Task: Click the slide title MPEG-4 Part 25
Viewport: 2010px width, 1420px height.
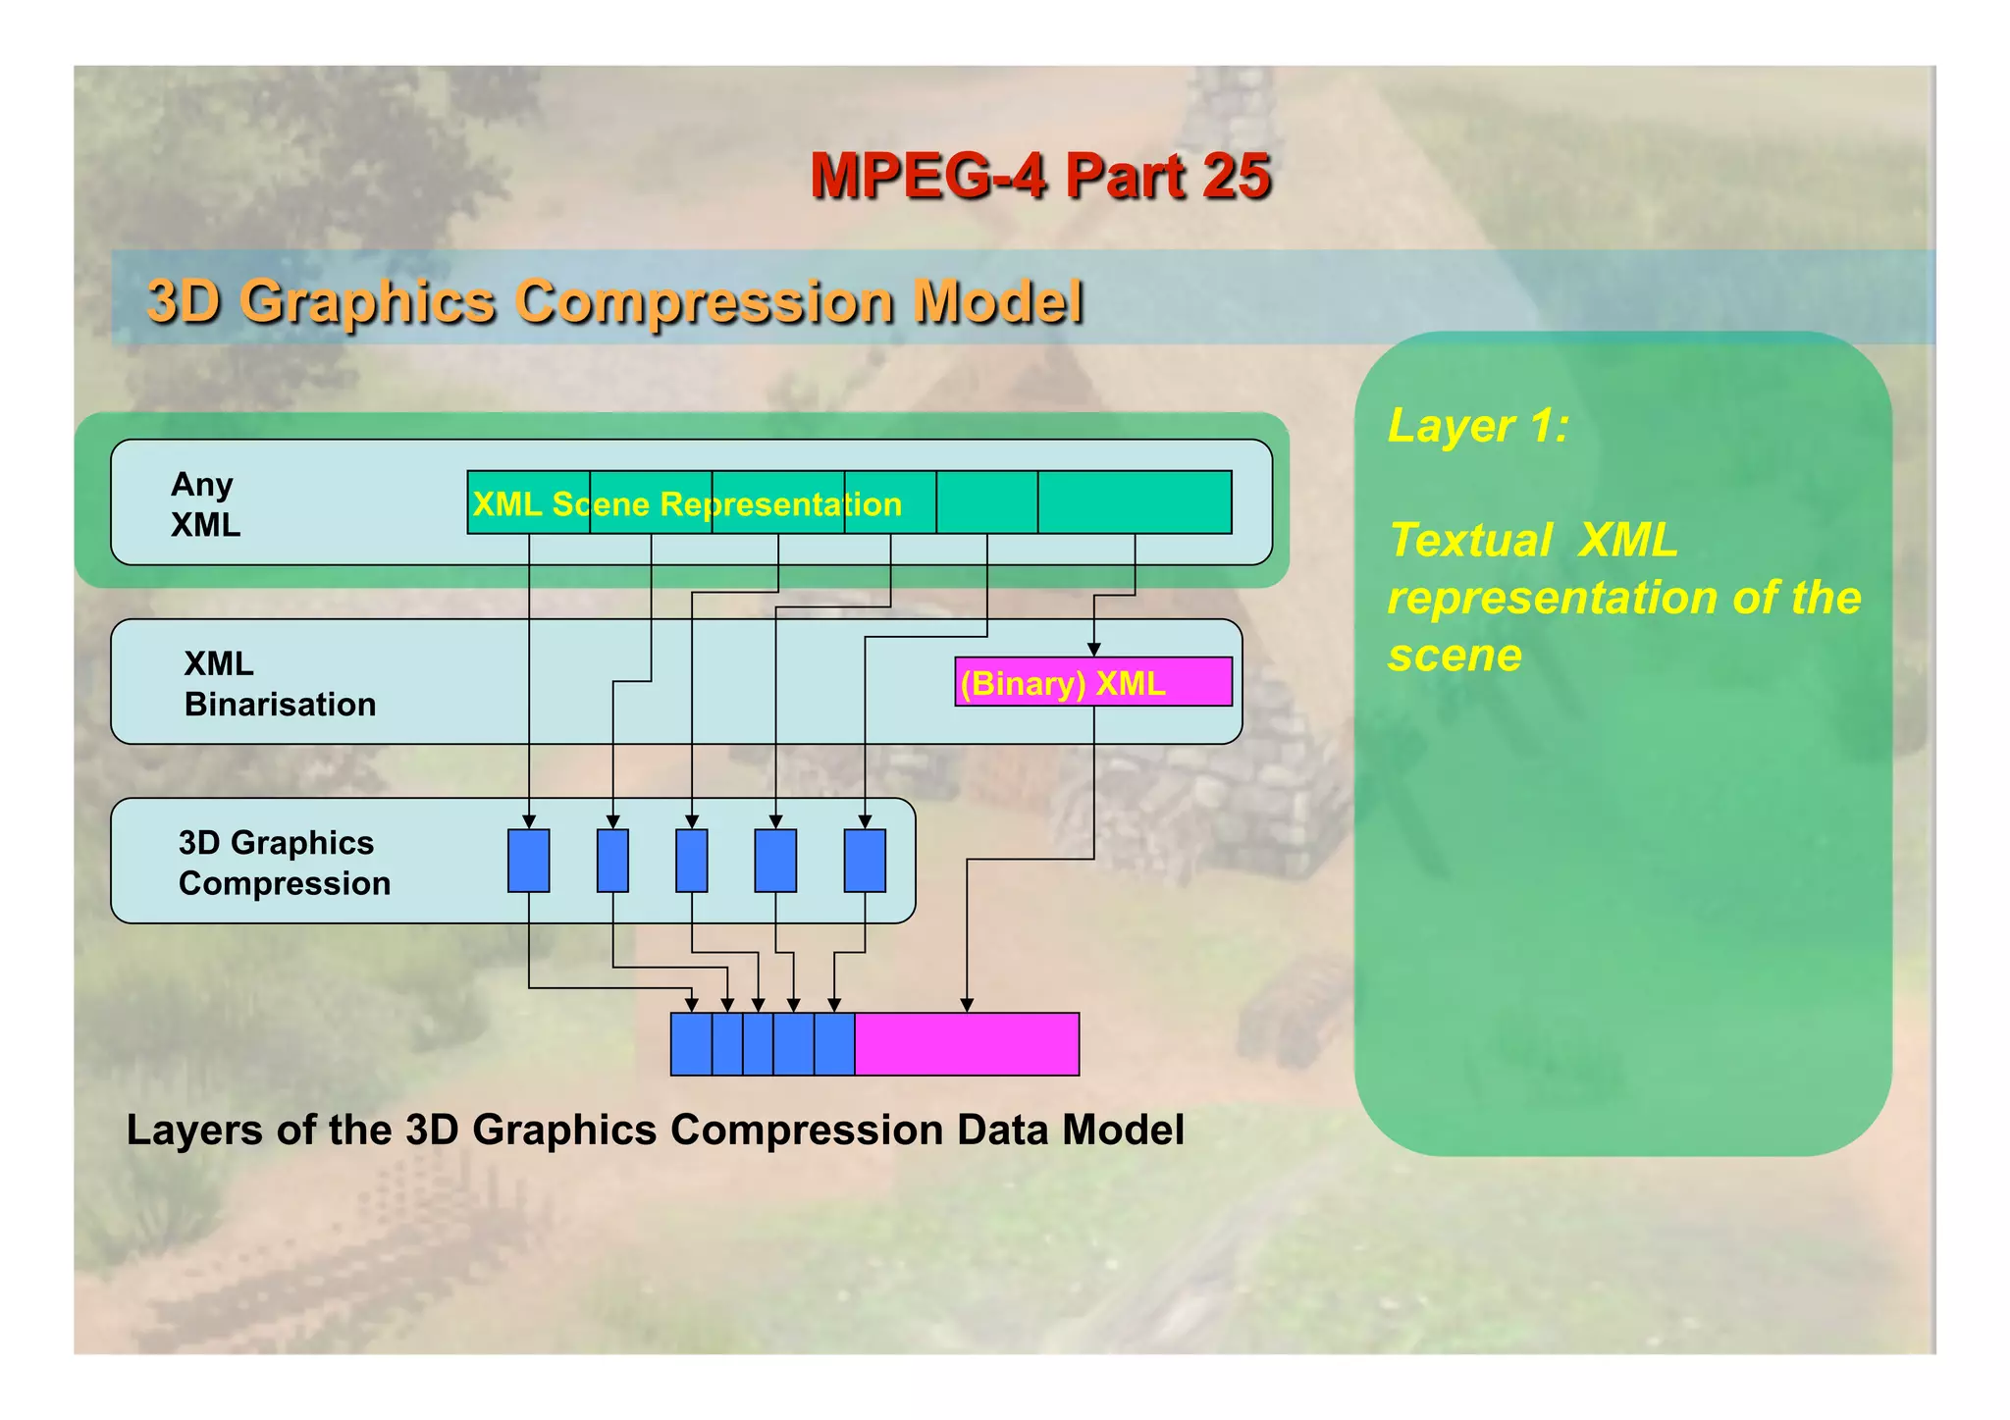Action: tap(1040, 177)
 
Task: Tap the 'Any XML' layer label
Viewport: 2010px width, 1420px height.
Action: tap(204, 504)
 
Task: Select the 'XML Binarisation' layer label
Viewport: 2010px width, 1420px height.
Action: tap(280, 684)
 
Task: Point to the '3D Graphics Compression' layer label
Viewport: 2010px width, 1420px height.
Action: tap(285, 863)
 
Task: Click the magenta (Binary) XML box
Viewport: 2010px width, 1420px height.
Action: tap(1093, 682)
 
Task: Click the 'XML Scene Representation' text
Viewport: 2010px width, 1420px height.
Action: tap(687, 504)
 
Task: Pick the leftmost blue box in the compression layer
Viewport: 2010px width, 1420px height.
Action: tap(528, 861)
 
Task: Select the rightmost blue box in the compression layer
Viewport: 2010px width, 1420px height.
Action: tap(865, 861)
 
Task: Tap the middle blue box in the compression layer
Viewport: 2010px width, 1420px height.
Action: tap(692, 861)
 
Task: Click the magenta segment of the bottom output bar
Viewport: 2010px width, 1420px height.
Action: tap(967, 1044)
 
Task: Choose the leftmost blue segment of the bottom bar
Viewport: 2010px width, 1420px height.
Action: tap(691, 1044)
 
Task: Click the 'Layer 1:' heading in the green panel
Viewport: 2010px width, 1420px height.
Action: tap(1478, 426)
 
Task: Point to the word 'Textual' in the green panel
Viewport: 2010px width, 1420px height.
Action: tap(1470, 541)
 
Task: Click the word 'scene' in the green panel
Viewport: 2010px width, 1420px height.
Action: tap(1455, 655)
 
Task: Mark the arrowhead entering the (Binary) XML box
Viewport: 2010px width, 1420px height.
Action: tap(1093, 650)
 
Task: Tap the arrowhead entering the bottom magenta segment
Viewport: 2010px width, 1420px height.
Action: tap(967, 1005)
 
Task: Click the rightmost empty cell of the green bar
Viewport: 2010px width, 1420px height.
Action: tap(1135, 502)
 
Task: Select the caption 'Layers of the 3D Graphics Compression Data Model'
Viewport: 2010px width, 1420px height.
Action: tap(656, 1131)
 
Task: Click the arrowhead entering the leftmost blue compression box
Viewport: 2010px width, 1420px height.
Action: tap(529, 821)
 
